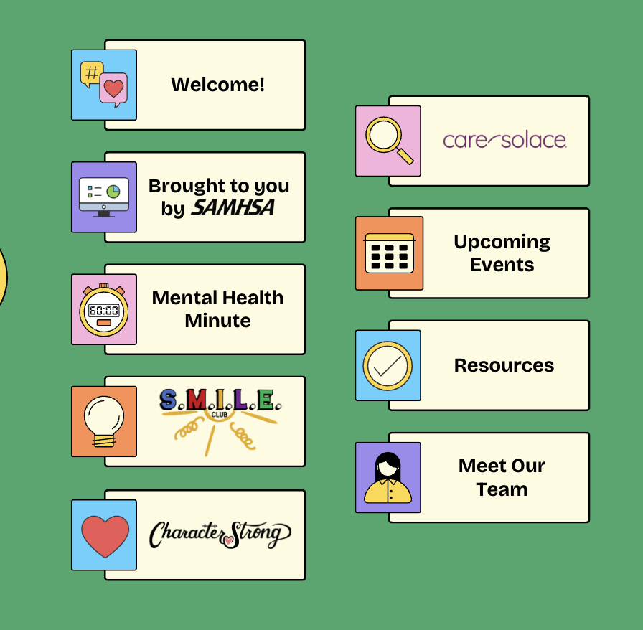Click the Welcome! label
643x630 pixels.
[x=217, y=85]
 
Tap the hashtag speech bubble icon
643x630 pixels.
[x=91, y=72]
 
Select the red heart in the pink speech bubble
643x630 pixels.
[x=113, y=89]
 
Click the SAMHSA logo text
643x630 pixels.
[x=233, y=209]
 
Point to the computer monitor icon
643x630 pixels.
[x=104, y=197]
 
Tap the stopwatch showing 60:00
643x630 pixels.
[x=104, y=311]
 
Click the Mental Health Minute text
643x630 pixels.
[x=217, y=309]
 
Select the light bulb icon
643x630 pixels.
[x=104, y=420]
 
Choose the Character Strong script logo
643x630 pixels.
[x=220, y=535]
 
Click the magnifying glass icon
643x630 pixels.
[x=388, y=139]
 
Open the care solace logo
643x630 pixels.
[x=504, y=140]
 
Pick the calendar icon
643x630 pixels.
[x=389, y=253]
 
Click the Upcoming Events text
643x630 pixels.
[x=502, y=253]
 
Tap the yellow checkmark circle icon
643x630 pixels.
[x=388, y=365]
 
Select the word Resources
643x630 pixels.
[x=504, y=365]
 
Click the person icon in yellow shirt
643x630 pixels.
[x=388, y=477]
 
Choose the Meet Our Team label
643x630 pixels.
[x=502, y=477]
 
